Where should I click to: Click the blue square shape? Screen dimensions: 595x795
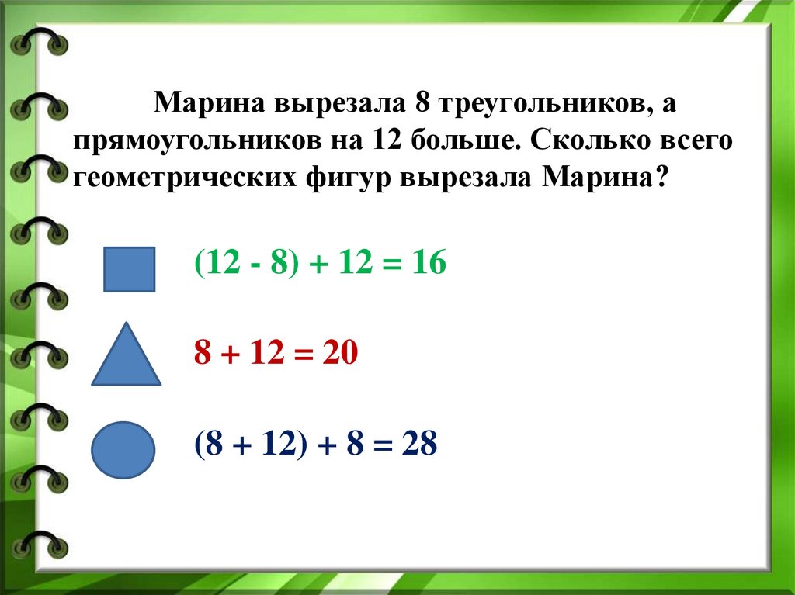(x=130, y=269)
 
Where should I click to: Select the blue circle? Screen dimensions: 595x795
(x=123, y=448)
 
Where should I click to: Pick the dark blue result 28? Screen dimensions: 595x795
(x=419, y=445)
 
